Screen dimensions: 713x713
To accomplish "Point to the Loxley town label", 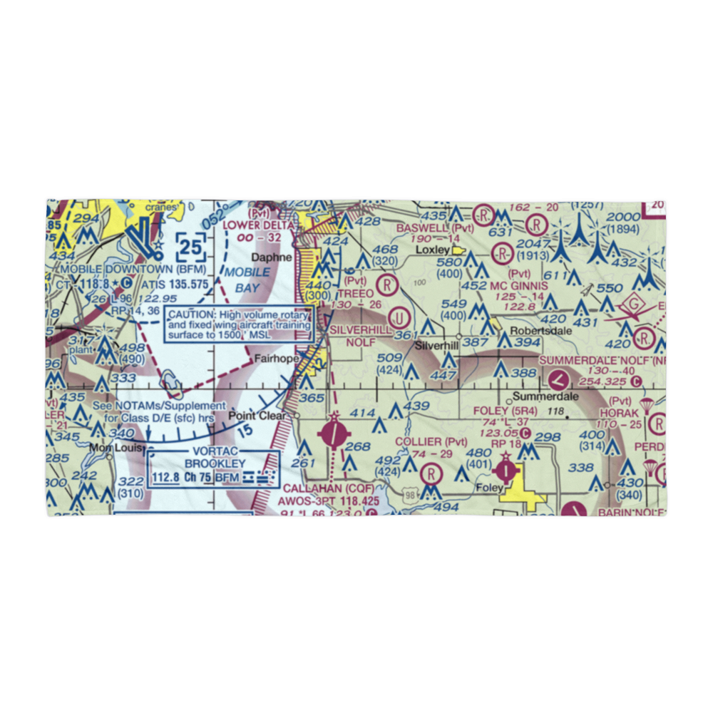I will pyautogui.click(x=433, y=250).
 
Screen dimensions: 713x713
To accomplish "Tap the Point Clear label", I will pyautogui.click(x=256, y=416).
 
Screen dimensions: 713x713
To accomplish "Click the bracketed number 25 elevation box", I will pyautogui.click(x=191, y=248).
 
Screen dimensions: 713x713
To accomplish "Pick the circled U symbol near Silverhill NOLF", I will pyautogui.click(x=400, y=314).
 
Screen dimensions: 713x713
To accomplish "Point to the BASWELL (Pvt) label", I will pyautogui.click(x=435, y=228).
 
